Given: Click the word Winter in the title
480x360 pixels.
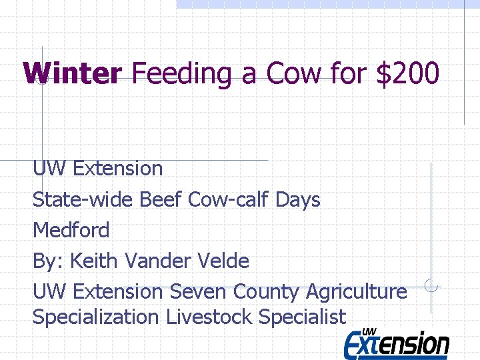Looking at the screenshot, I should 73,73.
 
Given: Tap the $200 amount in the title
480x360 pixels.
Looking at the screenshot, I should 407,73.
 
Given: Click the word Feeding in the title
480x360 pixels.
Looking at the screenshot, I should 182,73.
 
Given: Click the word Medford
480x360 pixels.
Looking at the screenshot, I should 71,230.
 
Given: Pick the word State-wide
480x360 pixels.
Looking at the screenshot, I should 83,199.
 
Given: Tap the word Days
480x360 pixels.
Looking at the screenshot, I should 298,199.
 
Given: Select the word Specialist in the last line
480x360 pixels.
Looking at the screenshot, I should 302,317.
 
